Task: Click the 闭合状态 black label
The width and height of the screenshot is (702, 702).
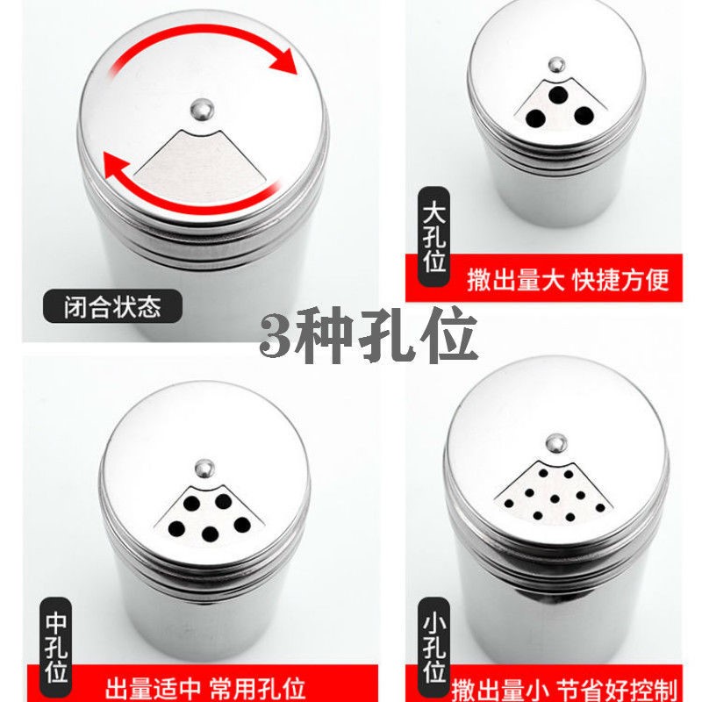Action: point(112,306)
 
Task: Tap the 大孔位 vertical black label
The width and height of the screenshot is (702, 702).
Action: point(433,237)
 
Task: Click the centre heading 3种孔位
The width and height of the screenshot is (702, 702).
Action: point(368,334)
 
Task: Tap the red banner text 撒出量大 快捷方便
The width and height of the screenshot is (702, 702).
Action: point(568,280)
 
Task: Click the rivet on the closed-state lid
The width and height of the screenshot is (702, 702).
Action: point(202,109)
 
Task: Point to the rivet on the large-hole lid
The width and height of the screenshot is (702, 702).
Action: point(556,65)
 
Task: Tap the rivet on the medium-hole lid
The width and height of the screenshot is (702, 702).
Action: point(204,469)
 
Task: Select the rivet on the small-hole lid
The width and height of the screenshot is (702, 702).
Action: point(556,443)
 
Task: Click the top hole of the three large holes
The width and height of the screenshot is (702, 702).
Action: point(558,95)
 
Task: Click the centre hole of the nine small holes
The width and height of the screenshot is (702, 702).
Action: point(555,498)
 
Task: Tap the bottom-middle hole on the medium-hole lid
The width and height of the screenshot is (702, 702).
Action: point(210,534)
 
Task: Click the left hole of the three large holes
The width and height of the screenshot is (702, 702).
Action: point(535,118)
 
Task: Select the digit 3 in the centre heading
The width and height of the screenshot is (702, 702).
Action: point(274,335)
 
